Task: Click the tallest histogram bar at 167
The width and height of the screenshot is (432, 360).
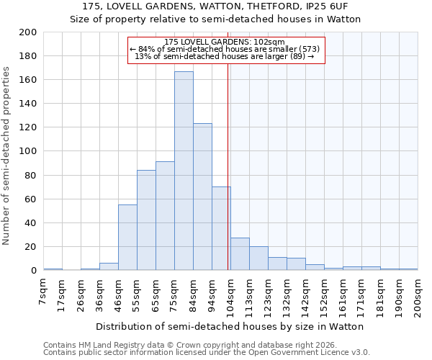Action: click(184, 171)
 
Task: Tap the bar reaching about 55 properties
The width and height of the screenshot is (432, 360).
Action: click(127, 238)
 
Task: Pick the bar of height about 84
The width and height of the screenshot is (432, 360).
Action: click(146, 220)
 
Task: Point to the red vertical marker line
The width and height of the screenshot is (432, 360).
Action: click(228, 166)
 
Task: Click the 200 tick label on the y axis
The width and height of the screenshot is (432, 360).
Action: click(28, 32)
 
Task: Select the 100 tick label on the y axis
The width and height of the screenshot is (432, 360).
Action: click(28, 151)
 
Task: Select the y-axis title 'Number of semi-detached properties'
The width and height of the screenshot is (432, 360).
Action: click(7, 155)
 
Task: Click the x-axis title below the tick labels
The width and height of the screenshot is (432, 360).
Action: click(230, 326)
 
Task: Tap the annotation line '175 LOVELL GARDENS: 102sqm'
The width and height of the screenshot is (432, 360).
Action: click(225, 42)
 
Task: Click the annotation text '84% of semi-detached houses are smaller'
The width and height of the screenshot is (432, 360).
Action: click(225, 49)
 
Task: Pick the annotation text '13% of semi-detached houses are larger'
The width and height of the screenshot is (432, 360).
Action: click(225, 56)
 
